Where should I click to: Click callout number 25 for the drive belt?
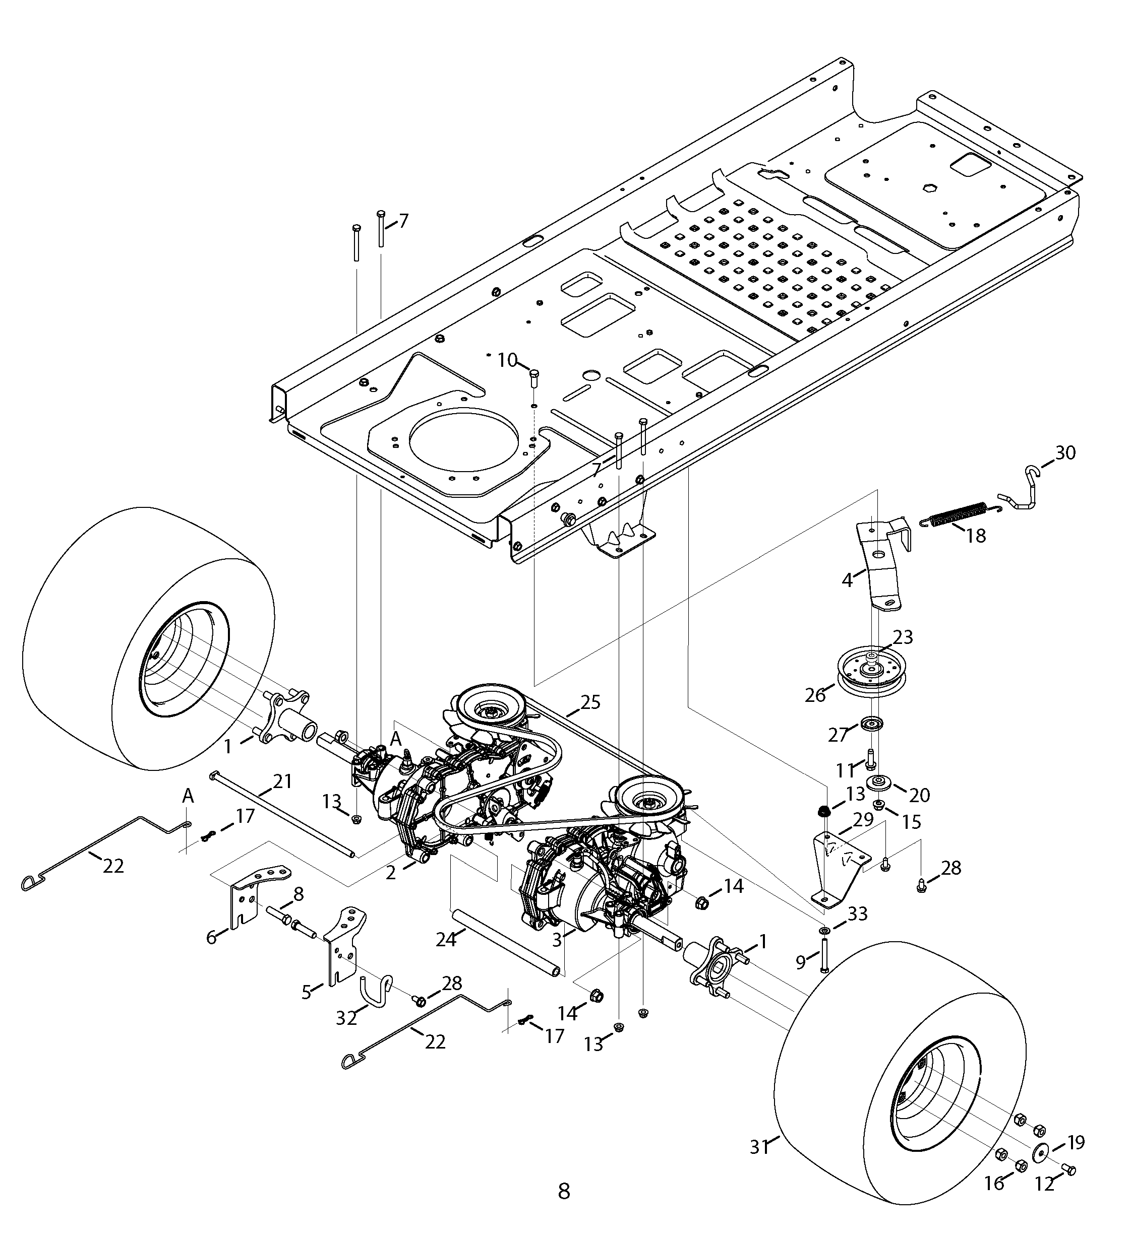coord(589,702)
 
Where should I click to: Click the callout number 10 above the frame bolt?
coord(508,360)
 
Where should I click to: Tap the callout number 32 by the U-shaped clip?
coord(346,1019)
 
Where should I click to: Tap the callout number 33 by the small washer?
coord(857,913)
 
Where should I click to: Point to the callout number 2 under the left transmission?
coord(391,872)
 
